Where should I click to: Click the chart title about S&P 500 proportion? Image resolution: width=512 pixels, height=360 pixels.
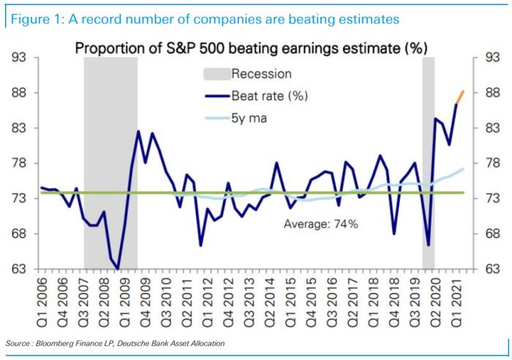click(x=252, y=48)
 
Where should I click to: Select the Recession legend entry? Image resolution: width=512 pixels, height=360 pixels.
click(x=261, y=74)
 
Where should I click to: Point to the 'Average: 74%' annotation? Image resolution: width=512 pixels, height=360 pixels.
click(x=320, y=224)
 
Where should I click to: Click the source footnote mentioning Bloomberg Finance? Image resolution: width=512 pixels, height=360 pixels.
click(x=115, y=342)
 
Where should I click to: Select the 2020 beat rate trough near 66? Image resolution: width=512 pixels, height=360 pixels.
click(x=428, y=245)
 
